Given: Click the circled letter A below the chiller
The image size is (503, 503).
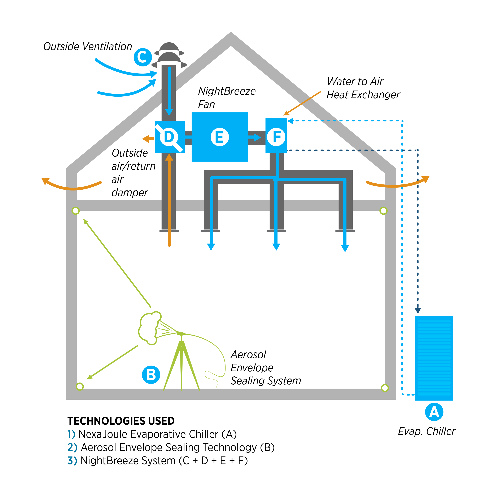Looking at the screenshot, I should tap(434, 412).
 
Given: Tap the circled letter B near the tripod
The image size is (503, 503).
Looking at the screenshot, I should tap(151, 375).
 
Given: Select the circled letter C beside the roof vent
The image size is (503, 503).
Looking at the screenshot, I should tap(143, 57).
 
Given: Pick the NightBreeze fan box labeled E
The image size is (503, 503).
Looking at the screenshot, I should tap(219, 137).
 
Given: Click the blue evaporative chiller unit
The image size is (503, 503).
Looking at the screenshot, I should tap(434, 358).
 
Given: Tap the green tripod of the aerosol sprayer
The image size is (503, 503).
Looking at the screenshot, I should tap(181, 364).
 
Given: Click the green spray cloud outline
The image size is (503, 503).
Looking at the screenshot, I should tap(148, 328).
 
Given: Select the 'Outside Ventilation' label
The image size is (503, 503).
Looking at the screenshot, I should tap(88, 47).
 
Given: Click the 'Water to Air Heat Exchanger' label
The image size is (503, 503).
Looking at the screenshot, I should tap(363, 88).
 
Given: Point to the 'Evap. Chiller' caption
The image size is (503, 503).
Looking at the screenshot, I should tap(427, 431).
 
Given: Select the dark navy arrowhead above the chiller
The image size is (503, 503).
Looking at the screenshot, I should tap(418, 311).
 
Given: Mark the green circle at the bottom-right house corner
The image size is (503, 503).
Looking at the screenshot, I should tap(385, 388).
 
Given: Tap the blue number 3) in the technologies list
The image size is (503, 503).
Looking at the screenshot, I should tap(72, 461).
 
